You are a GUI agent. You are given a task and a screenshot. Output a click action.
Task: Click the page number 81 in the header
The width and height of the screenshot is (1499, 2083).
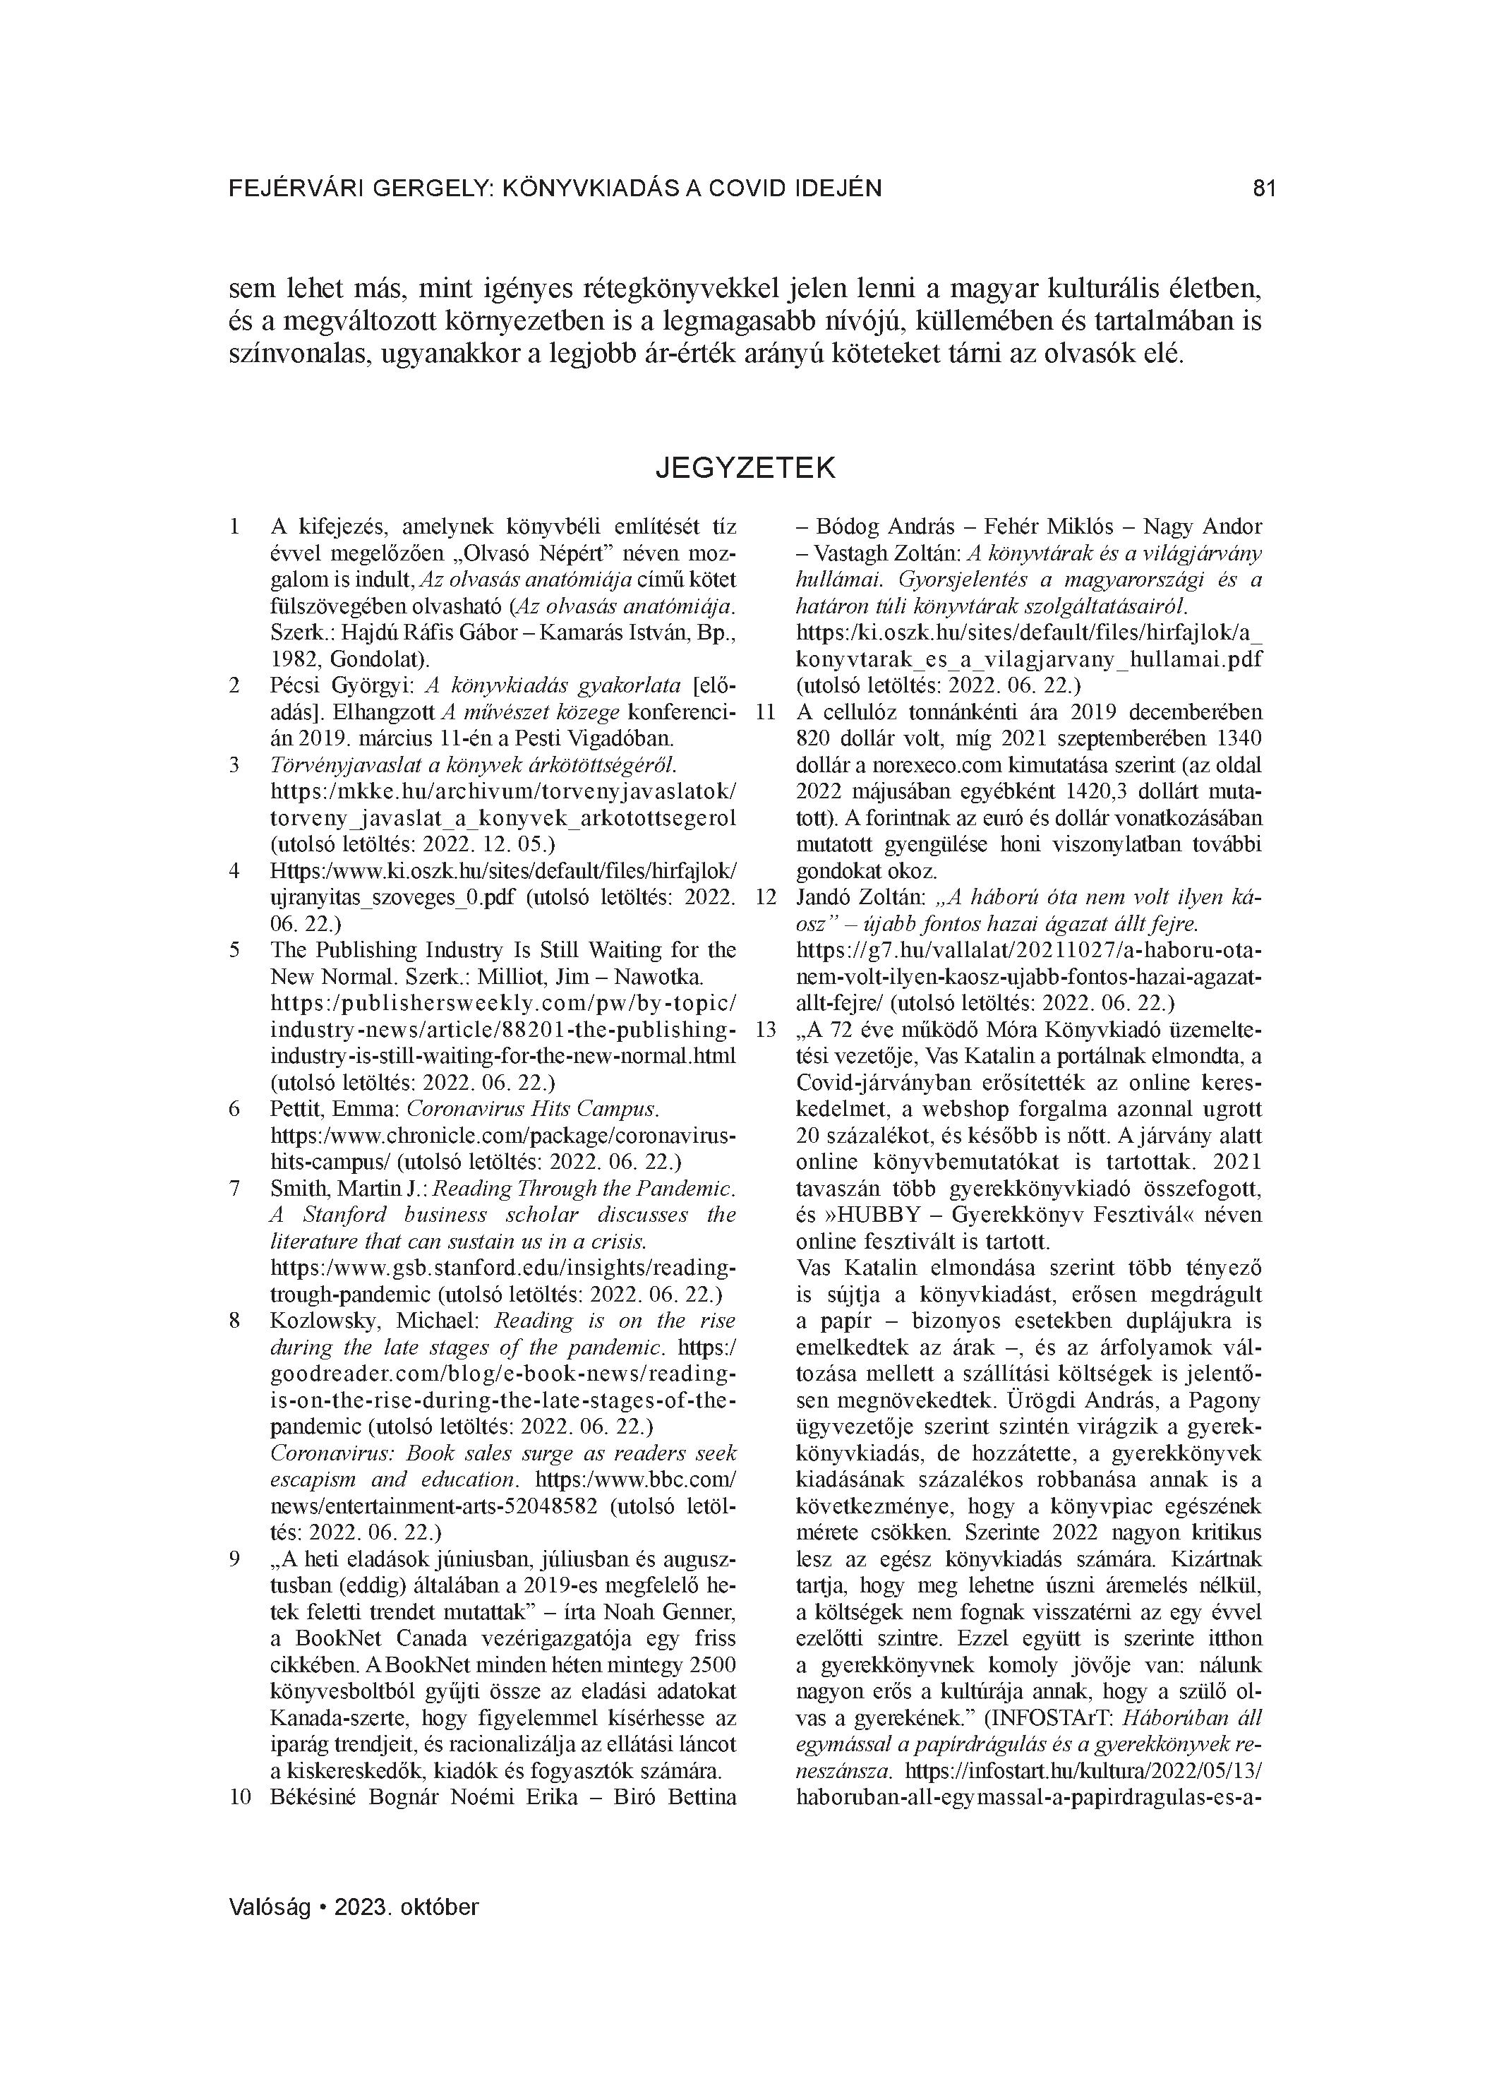tap(1264, 188)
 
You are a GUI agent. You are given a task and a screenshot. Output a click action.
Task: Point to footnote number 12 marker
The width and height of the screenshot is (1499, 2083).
tap(766, 897)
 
